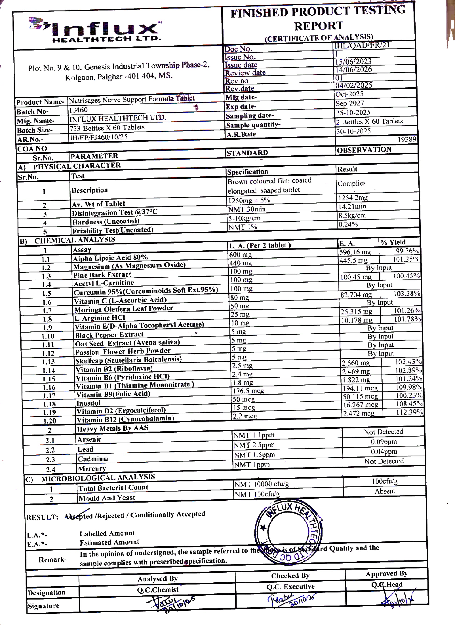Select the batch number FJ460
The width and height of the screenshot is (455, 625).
[78, 110]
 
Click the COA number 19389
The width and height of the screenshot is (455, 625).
[407, 140]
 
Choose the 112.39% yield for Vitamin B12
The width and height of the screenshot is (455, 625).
[409, 412]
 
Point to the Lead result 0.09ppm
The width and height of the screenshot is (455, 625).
[383, 442]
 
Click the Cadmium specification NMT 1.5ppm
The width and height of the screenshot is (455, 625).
[254, 455]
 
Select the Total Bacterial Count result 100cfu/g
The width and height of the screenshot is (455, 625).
[384, 481]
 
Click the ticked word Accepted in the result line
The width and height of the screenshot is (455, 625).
[79, 516]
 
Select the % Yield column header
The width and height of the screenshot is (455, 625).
[393, 242]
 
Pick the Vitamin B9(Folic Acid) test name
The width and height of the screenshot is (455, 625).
[113, 394]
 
